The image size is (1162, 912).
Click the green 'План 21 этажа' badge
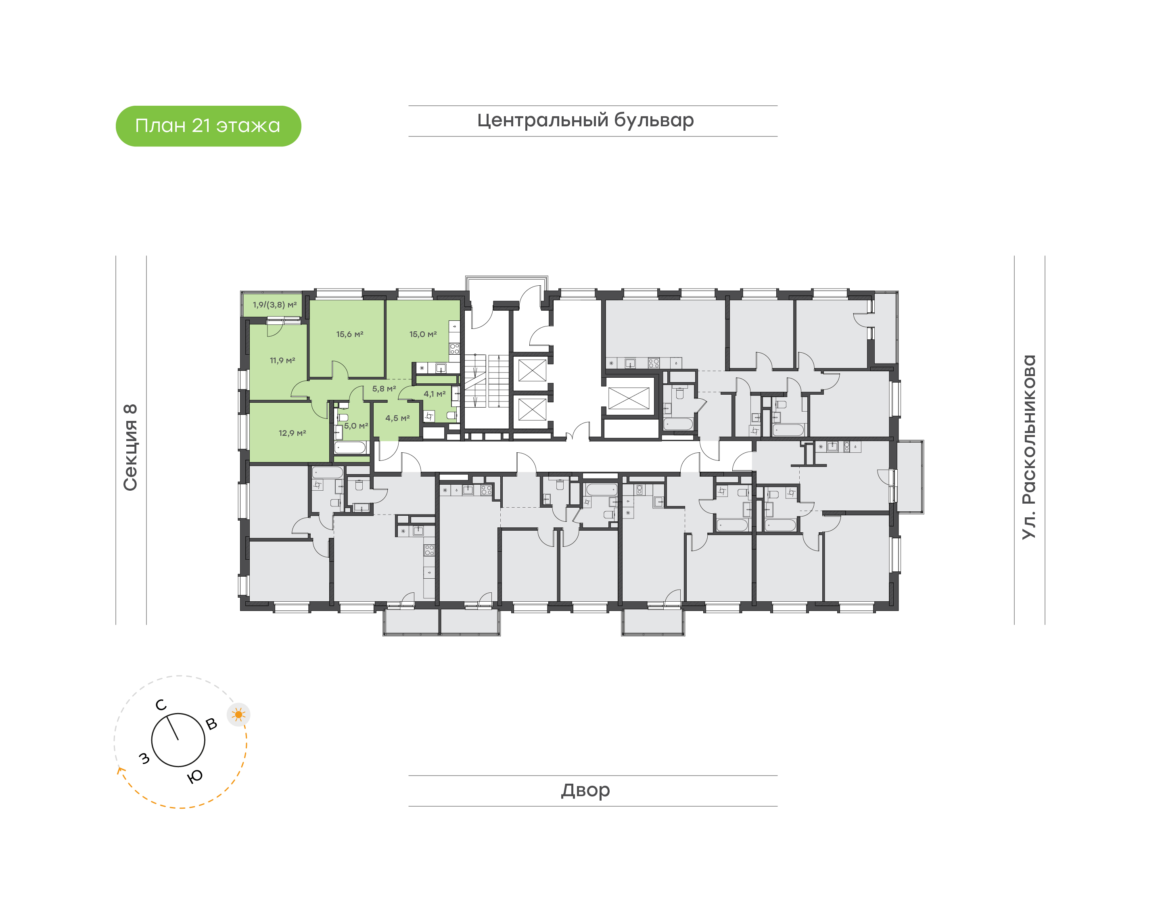click(208, 126)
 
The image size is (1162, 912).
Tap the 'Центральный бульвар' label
click(585, 121)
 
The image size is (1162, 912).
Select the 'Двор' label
click(585, 790)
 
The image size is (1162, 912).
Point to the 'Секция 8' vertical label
click(130, 448)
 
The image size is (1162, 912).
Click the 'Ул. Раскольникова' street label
click(1028, 447)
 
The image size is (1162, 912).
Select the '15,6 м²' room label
click(350, 334)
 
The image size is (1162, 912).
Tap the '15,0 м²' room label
click(423, 334)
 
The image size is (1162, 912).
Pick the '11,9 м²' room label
click(282, 360)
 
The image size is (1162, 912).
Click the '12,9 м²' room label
click(292, 433)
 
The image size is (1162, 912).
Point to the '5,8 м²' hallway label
click(384, 389)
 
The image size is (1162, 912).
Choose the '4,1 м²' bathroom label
click(435, 394)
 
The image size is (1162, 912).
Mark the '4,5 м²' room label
click(398, 418)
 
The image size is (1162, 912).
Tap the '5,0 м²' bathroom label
click(356, 426)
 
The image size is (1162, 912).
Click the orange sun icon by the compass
click(238, 714)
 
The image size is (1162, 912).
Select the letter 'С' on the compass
click(161, 705)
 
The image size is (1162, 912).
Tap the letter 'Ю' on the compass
click(195, 777)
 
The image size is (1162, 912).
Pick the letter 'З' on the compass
click(144, 758)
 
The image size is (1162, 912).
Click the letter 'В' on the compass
click(211, 724)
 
